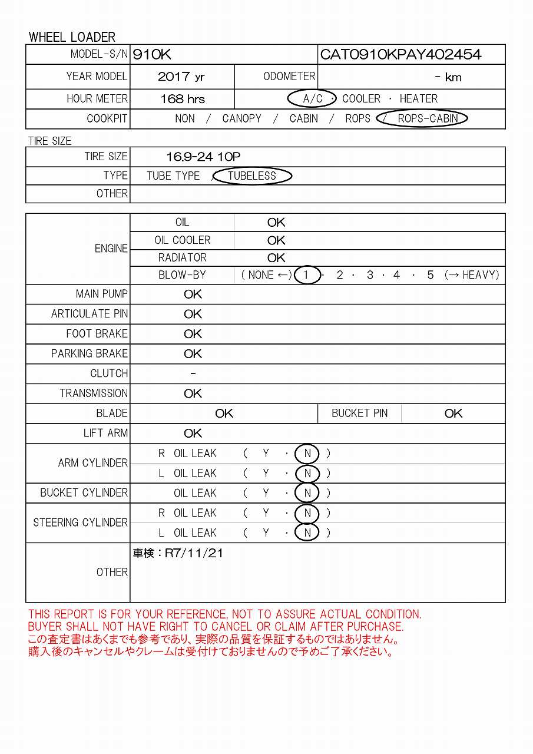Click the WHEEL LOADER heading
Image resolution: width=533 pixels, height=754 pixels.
(72, 37)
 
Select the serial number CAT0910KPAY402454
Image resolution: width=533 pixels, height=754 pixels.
(400, 55)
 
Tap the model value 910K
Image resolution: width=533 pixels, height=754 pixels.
(152, 55)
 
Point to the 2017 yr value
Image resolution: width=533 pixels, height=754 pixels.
(181, 77)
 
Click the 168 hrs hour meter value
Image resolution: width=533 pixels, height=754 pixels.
(183, 99)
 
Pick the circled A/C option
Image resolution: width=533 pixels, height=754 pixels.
(312, 98)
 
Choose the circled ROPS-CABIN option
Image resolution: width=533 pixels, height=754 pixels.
(428, 118)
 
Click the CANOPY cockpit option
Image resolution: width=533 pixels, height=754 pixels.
(241, 118)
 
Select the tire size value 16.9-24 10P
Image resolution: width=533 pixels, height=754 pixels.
(203, 157)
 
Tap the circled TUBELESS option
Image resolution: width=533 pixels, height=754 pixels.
(252, 176)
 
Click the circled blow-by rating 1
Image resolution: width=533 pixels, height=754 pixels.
(306, 275)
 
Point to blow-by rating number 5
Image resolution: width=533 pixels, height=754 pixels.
(431, 275)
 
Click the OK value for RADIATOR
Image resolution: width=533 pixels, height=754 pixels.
(276, 258)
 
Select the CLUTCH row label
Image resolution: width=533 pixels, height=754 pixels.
(109, 373)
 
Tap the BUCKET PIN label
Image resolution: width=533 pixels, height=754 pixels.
(359, 414)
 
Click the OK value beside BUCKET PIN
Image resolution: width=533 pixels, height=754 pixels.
(453, 414)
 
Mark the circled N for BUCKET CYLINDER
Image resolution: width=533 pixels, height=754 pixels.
(307, 493)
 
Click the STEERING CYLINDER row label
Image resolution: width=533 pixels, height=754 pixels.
(80, 522)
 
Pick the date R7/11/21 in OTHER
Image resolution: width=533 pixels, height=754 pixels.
(193, 553)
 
